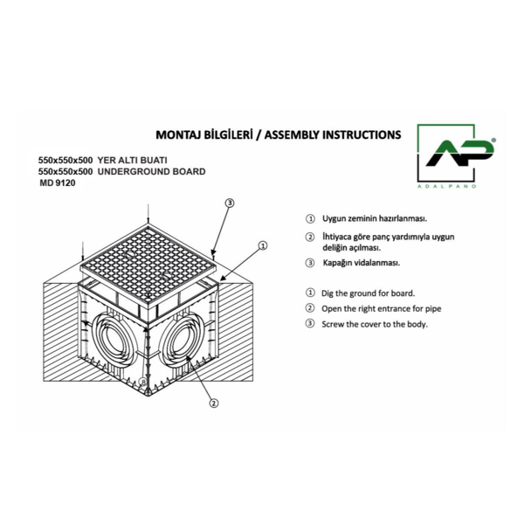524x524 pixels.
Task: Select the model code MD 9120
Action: pyautogui.click(x=58, y=183)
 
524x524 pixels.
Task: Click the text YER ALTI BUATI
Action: pyautogui.click(x=133, y=161)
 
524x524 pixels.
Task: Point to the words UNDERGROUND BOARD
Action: pyautogui.click(x=151, y=172)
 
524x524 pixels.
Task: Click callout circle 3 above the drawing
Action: pyautogui.click(x=229, y=203)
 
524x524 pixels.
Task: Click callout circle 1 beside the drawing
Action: pyautogui.click(x=263, y=245)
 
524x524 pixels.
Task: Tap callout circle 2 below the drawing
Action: pyautogui.click(x=214, y=403)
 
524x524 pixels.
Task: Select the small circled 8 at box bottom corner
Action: pyautogui.click(x=143, y=382)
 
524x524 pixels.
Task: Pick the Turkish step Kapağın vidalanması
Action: pyautogui.click(x=362, y=263)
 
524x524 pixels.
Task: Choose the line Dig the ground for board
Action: pyautogui.click(x=368, y=293)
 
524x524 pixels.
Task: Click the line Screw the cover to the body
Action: pyautogui.click(x=375, y=324)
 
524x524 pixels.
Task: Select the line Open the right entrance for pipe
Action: pyautogui.click(x=382, y=309)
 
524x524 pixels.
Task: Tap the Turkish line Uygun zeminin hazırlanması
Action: pyautogui.click(x=375, y=219)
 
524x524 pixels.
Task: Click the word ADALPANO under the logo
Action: pyautogui.click(x=447, y=187)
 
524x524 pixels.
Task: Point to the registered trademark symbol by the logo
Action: pyautogui.click(x=493, y=141)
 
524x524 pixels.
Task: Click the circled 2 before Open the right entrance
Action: pyautogui.click(x=310, y=307)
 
